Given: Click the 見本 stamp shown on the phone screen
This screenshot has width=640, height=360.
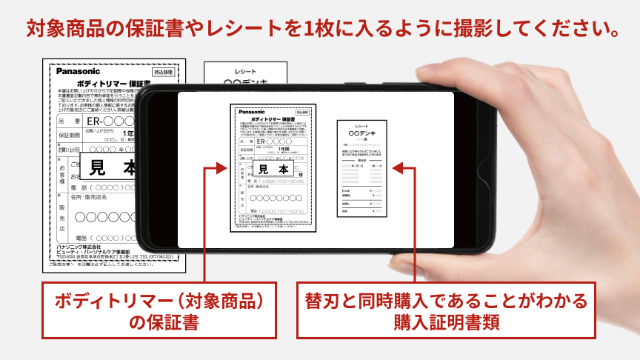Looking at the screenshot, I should (273, 169).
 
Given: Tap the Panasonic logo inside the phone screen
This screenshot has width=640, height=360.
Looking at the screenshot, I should (250, 112).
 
